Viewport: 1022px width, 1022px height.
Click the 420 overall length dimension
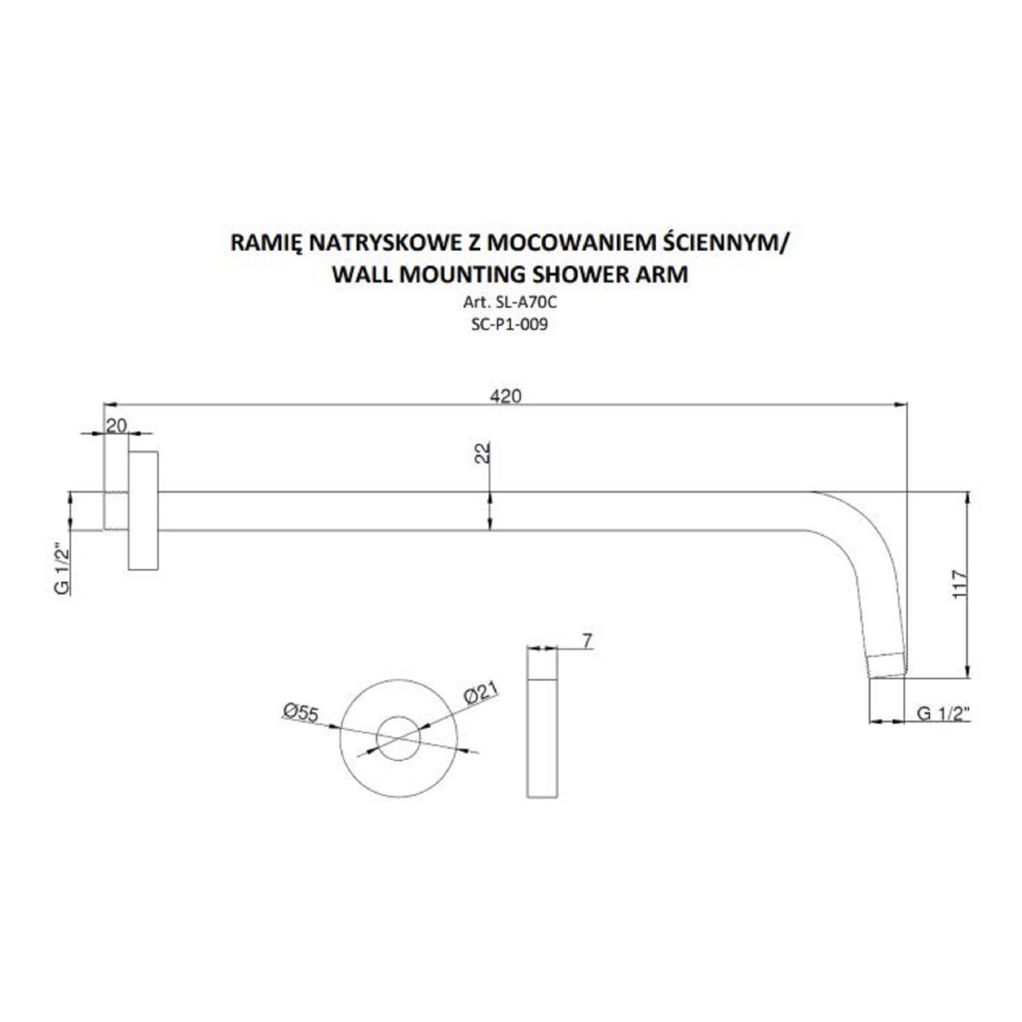(x=504, y=396)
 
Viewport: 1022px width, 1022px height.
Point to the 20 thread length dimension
(x=117, y=424)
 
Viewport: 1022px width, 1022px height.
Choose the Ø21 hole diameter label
(x=481, y=695)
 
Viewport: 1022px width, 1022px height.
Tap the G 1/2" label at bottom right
(x=944, y=714)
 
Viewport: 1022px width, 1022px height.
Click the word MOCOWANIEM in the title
(x=566, y=243)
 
